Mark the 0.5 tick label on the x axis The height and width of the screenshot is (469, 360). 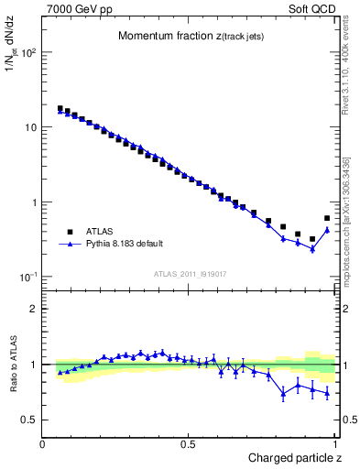click(189, 444)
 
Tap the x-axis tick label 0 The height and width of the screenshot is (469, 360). click(44, 444)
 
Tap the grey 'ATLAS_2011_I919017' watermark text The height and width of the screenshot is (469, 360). click(190, 273)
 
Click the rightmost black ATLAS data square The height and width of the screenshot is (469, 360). click(327, 218)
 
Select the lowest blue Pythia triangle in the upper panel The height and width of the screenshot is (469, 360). click(312, 249)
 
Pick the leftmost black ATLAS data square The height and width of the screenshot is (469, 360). click(60, 108)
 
